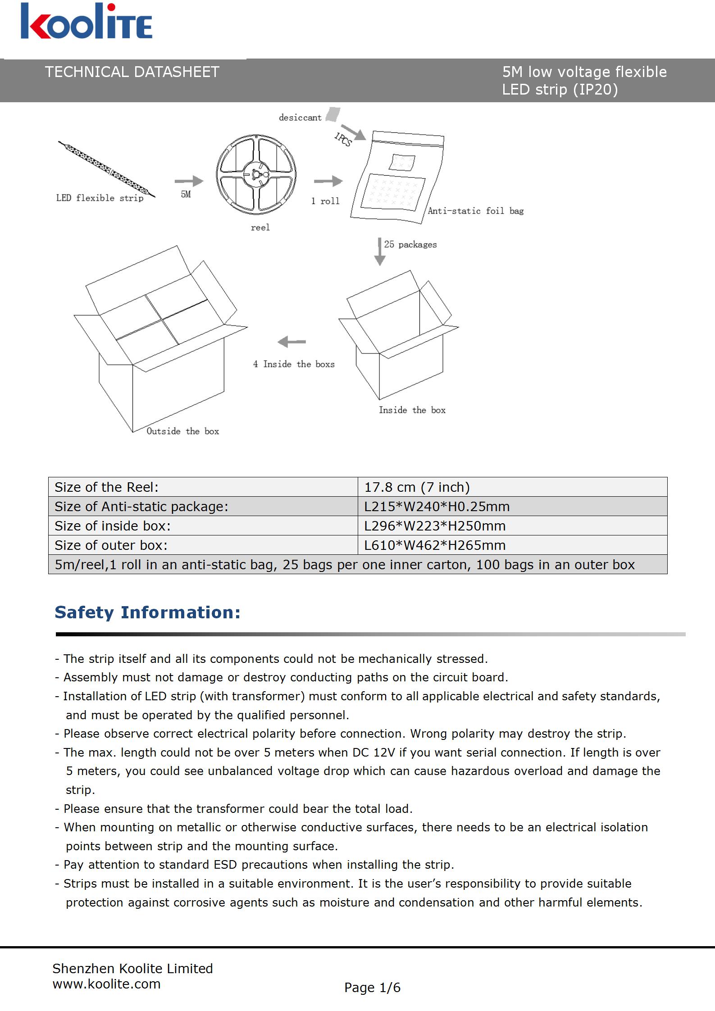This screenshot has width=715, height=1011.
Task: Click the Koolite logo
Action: coord(86,21)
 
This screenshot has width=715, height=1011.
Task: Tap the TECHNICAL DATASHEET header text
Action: coord(132,72)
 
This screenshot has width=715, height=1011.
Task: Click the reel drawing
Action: coord(256,174)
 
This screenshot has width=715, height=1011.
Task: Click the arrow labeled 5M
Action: coord(189,181)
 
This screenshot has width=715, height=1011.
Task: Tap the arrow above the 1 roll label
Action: coord(328,181)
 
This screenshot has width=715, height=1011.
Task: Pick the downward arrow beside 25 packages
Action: coord(380,252)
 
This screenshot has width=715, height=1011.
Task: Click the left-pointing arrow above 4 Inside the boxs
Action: coord(292,342)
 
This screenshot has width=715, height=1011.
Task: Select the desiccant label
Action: coord(300,118)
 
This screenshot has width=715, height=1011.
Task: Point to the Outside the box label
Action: coord(183,431)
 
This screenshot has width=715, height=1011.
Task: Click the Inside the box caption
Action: coord(412,410)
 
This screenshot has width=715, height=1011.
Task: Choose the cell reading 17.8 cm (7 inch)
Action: coord(417,487)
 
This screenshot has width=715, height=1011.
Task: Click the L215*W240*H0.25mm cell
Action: coord(437,507)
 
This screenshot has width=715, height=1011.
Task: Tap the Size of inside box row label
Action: coord(113,526)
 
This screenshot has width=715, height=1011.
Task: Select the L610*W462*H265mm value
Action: coord(435,545)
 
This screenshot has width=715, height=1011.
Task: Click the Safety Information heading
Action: coord(147,612)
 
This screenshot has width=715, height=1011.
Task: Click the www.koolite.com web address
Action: coord(106,984)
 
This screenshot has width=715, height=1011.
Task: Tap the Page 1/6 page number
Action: coord(372,988)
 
